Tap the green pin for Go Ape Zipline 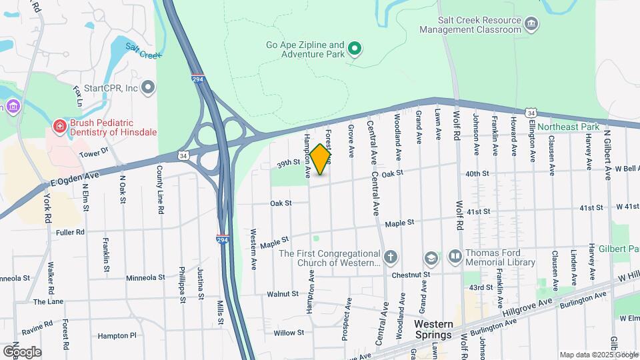(355, 47)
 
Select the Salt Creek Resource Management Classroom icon (532, 25)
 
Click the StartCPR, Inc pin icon (148, 87)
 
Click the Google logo (22, 351)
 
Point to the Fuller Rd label (70, 232)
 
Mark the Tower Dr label (94, 153)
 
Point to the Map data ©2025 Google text (598, 355)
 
